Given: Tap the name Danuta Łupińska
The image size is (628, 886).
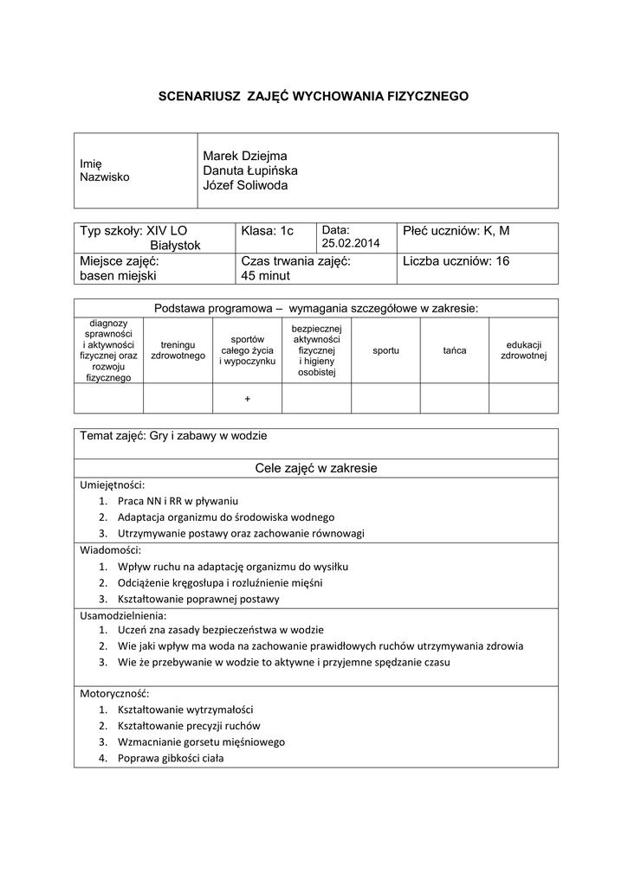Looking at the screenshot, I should (250, 170).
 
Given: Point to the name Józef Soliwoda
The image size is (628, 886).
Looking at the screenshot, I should (245, 185).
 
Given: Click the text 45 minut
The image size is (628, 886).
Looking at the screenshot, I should (266, 276).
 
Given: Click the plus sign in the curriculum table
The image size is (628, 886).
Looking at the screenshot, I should (248, 399).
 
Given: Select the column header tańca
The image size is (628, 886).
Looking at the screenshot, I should (455, 350).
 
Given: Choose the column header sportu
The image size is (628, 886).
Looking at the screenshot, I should (385, 350).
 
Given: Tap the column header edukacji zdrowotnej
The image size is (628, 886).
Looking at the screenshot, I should (523, 350).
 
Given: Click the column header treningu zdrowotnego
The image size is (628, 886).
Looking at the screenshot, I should (178, 350).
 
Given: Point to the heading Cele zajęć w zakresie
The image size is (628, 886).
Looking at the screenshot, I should (316, 468).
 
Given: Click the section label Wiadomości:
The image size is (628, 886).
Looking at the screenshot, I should (110, 549).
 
